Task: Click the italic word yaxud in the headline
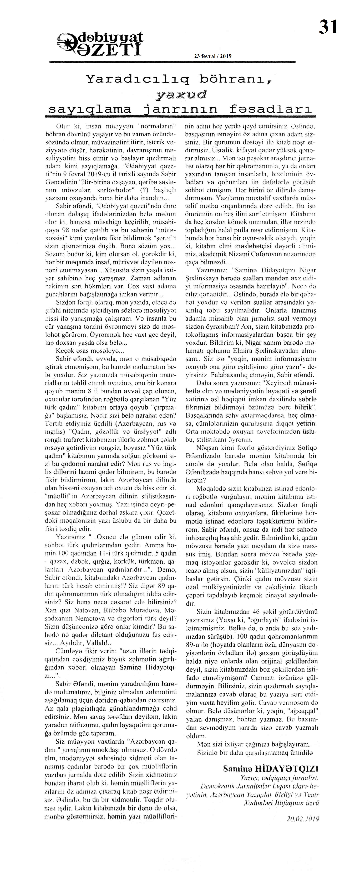pyautogui.click(x=181, y=95)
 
